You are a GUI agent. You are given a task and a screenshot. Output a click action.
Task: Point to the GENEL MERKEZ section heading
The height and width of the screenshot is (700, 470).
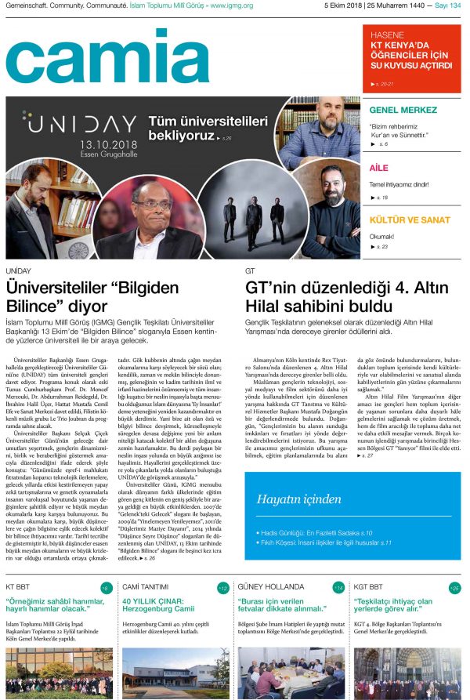coord(403,110)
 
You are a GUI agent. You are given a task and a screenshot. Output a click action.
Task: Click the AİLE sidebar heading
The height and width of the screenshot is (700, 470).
coord(378,168)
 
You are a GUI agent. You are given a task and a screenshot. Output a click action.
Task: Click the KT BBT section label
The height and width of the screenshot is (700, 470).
coord(20,586)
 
